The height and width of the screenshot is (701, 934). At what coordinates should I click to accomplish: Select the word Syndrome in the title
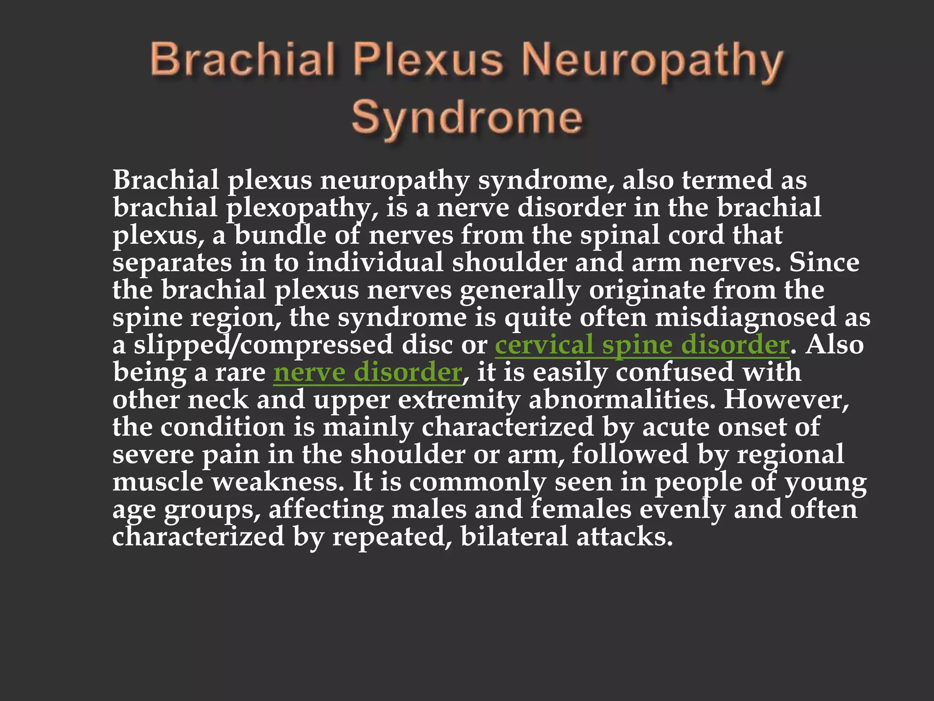467,118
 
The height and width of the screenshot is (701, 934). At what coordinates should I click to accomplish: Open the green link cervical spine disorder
642,345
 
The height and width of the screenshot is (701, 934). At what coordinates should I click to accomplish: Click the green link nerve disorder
368,372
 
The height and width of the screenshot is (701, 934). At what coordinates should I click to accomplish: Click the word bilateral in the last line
514,537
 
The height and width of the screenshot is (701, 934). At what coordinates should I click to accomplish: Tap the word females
581,510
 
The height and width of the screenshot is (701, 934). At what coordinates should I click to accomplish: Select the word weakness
278,482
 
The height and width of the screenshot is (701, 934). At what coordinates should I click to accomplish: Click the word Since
824,263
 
